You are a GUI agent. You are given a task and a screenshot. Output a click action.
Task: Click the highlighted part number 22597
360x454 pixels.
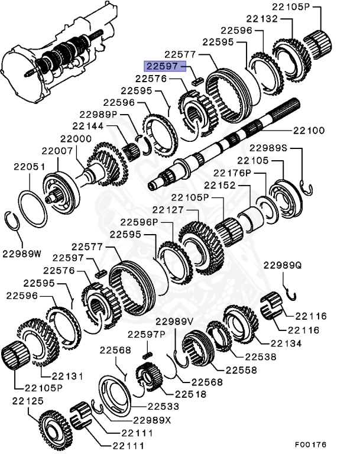pos(162,66)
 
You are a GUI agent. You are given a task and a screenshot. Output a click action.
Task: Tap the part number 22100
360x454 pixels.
pos(308,130)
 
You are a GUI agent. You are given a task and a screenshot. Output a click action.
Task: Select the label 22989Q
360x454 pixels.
pos(282,266)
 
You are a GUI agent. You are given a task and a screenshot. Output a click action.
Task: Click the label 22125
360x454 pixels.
pos(25,401)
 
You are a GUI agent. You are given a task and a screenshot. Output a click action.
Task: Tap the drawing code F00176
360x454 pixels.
pos(311,444)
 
